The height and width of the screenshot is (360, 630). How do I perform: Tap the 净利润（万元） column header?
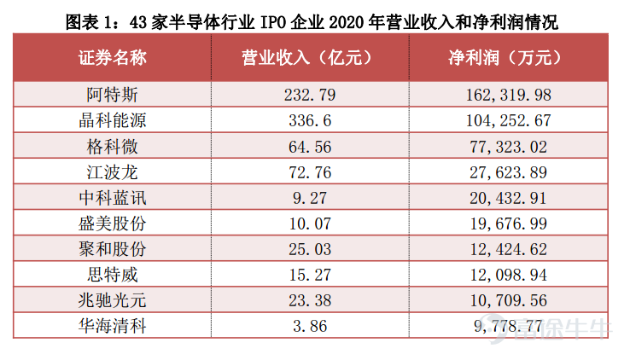(x=505, y=58)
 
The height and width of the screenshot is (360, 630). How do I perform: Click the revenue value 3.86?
(x=308, y=325)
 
